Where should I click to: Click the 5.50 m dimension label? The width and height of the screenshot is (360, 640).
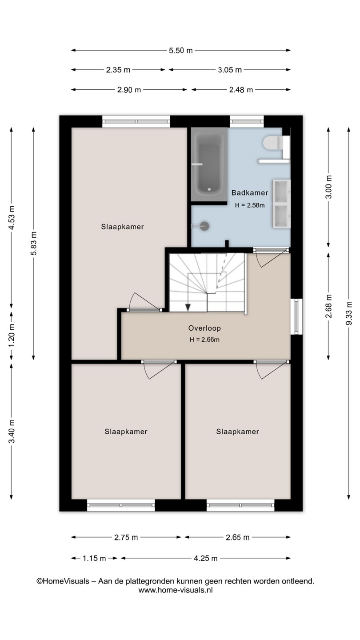coord(180,51)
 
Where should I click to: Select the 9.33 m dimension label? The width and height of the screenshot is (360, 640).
coord(348,313)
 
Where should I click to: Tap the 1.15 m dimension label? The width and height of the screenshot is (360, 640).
coord(94,558)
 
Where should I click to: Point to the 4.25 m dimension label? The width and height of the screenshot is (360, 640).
coord(206,558)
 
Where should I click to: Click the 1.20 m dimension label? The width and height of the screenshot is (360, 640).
coord(12,335)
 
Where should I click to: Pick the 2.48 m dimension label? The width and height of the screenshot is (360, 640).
coord(241,90)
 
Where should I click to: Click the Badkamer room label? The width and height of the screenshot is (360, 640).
coord(250,192)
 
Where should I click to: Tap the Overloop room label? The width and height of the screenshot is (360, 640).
coord(204,328)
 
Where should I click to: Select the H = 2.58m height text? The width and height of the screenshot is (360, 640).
coord(250,205)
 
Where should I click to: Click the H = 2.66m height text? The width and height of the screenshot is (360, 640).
coord(204,340)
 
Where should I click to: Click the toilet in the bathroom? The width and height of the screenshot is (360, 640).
coord(276,143)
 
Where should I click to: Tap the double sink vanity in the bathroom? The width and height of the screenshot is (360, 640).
coord(282,204)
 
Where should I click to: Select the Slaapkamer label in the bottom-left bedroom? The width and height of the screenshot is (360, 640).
coord(126,432)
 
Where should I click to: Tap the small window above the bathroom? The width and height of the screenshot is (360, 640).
coord(247,122)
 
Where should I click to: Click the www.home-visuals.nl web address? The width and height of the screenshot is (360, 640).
coord(176,590)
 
